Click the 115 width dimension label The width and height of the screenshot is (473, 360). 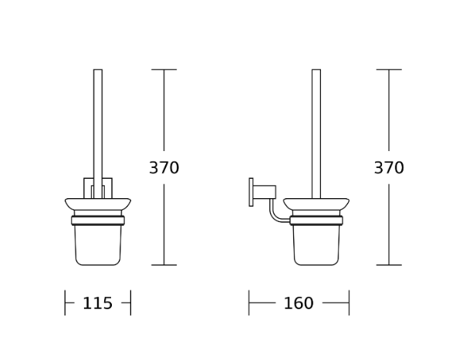coord(97,304)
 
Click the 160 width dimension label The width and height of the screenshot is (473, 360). coord(299,304)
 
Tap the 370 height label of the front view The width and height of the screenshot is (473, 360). coord(164,168)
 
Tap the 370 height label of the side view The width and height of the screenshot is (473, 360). coord(389,168)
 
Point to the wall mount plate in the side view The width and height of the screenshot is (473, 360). coord(251,192)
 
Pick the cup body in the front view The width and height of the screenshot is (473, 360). coord(98,245)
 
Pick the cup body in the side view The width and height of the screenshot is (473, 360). coord(316,245)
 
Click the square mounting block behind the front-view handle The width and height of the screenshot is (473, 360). coord(87,187)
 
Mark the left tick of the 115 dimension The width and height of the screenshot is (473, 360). coord(65,303)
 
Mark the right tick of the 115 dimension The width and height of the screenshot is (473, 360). coord(131,303)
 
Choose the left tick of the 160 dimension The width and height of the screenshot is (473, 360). coord(249,303)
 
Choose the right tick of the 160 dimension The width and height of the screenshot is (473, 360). coord(349,303)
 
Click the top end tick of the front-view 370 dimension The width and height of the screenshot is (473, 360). coord(164,70)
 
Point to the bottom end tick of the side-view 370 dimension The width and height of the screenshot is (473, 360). coord(389,265)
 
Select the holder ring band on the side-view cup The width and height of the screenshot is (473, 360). coord(316,220)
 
